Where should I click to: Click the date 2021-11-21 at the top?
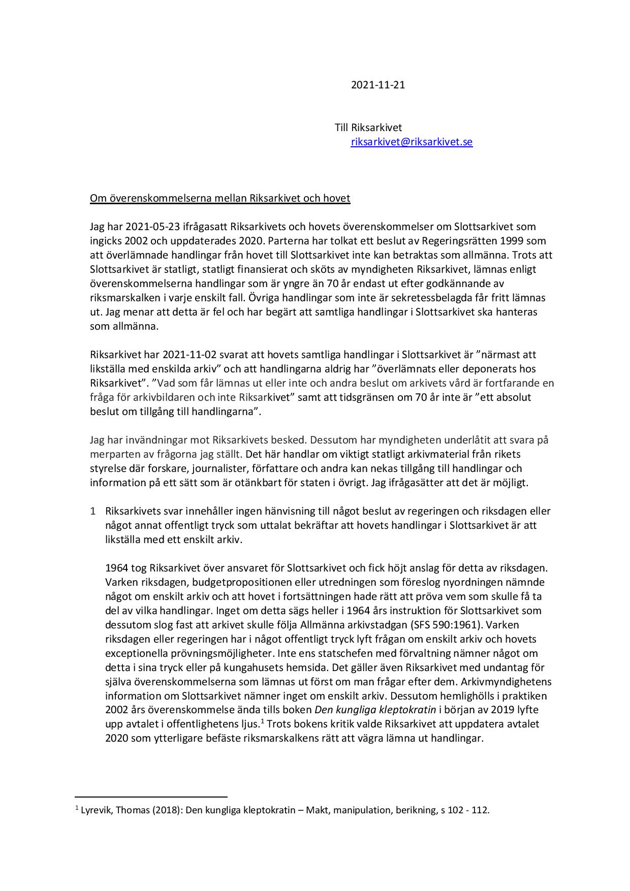click(377, 85)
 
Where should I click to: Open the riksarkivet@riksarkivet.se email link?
click(412, 142)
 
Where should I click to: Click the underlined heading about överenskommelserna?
click(220, 198)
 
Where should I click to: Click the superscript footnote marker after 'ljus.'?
click(262, 721)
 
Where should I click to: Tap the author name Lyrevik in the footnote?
click(96, 810)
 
